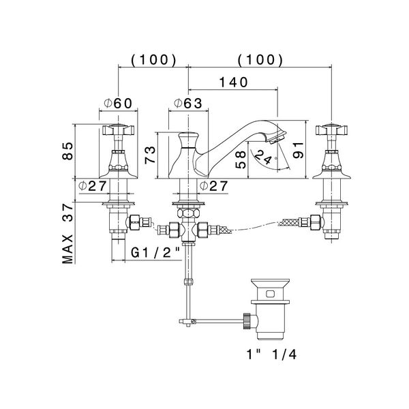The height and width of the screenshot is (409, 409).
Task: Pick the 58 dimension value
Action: pos(240,161)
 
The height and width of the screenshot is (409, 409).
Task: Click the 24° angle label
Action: pos(261,159)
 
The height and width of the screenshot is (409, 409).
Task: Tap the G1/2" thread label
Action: pos(155,252)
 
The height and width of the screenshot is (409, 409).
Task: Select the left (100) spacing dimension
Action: pos(149,59)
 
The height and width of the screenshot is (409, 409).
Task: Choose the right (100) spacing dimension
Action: pos(260,59)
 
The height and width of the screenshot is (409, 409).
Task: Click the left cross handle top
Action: pos(120,129)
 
